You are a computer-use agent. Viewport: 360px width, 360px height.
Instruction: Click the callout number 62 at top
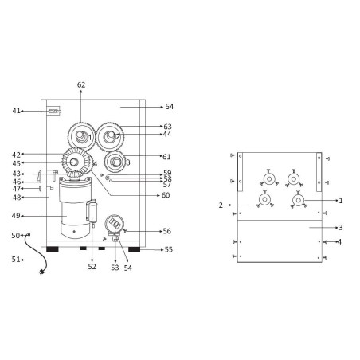[81, 84]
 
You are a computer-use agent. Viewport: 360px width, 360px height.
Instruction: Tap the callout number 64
[169, 106]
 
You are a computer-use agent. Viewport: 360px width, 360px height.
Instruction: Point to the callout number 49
[17, 215]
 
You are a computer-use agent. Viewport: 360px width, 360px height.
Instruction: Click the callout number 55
[168, 249]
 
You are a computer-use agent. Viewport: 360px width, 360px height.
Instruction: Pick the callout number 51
[15, 259]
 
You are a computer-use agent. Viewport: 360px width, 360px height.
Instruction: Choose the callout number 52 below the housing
[92, 267]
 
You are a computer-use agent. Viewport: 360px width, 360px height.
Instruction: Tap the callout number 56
[167, 231]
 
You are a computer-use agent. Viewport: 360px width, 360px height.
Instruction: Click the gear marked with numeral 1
[81, 136]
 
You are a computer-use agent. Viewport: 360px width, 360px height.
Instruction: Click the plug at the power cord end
[41, 272]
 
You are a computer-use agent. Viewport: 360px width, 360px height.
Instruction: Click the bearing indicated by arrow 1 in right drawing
[299, 200]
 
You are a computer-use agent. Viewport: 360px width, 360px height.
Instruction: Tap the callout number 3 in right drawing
[340, 227]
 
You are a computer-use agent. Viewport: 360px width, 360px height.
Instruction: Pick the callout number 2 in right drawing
[221, 205]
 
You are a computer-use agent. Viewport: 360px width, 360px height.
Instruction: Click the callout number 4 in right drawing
[340, 241]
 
